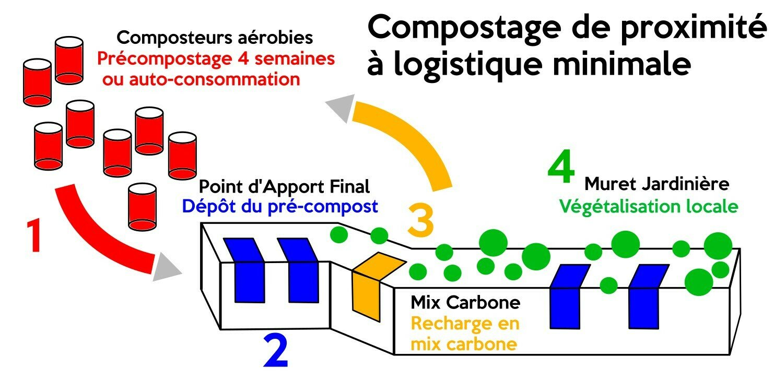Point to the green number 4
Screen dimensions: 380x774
tap(561, 170)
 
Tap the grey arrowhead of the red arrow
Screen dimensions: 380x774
tap(168, 268)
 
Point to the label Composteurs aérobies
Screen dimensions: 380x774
tap(215, 38)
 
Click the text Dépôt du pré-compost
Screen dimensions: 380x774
tap(279, 207)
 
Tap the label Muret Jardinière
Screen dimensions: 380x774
tap(656, 184)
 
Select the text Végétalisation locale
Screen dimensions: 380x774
tap(649, 207)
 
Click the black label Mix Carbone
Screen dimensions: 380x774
tap(465, 302)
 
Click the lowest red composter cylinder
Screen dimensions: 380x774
tap(142, 207)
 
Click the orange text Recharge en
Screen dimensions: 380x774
tap(465, 324)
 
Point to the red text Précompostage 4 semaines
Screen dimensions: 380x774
tap(216, 59)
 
